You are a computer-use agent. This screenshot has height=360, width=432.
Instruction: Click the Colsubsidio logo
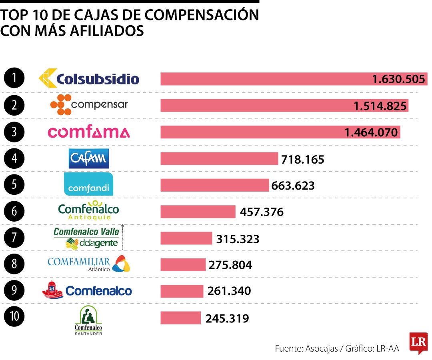tap(89, 78)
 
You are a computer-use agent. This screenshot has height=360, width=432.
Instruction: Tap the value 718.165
tap(303, 160)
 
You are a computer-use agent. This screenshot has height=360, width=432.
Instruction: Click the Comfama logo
tap(89, 132)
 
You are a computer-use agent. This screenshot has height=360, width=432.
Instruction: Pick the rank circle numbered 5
tap(14, 185)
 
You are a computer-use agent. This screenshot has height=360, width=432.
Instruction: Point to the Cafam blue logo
tap(89, 158)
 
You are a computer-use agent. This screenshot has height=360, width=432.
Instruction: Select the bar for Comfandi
tap(215, 185)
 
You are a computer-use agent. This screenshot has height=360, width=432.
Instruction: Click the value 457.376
tap(262, 212)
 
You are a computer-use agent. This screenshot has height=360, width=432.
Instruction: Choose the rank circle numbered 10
tap(14, 316)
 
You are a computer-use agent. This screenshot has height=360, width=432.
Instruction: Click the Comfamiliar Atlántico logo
tap(89, 264)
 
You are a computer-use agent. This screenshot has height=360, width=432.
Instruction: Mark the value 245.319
tap(227, 318)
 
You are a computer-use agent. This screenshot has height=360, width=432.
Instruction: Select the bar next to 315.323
tap(186, 238)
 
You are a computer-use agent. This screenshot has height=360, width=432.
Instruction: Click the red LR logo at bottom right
tap(418, 342)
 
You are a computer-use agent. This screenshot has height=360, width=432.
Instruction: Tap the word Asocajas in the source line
tap(322, 348)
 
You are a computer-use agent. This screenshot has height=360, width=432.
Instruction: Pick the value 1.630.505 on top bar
tap(398, 79)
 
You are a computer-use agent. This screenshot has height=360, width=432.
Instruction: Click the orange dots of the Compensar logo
tap(60, 105)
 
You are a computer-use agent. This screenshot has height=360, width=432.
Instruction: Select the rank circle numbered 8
tap(14, 264)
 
